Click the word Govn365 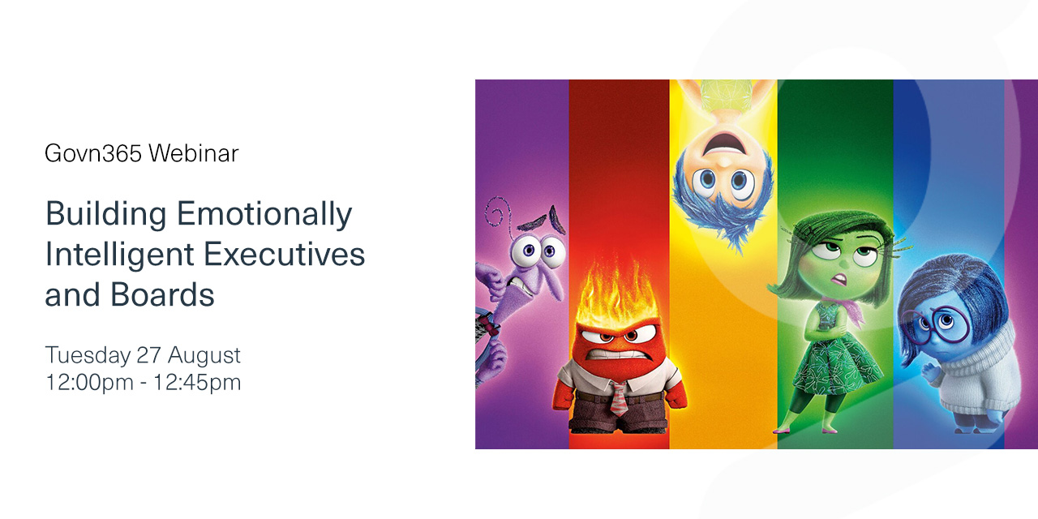pos(92,153)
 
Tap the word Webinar pos(194,153)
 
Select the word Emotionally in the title pos(264,215)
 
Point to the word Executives pos(285,255)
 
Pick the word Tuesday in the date pos(88,356)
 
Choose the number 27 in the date pos(148,355)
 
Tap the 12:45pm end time pos(197,383)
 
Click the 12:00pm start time pos(89,383)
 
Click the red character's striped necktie pos(619,398)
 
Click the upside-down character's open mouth pos(724,144)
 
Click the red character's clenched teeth pos(617,355)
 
